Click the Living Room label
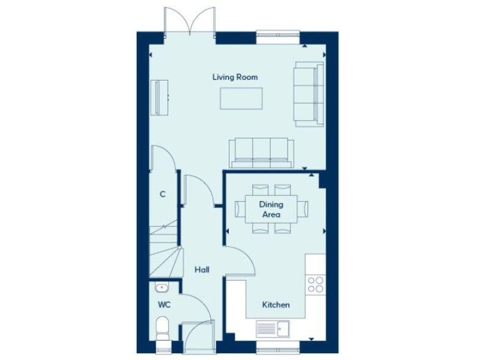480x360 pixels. (x=235, y=77)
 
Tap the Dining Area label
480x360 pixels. (x=271, y=209)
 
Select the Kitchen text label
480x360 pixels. (x=276, y=305)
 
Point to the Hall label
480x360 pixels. (x=202, y=270)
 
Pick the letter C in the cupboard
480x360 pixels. (x=162, y=194)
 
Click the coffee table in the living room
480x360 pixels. (x=241, y=98)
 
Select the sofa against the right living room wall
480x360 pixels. (x=309, y=93)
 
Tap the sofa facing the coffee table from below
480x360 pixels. (x=261, y=152)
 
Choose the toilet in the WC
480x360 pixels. (x=162, y=329)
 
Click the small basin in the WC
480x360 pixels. (x=162, y=288)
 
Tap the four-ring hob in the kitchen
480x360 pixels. (x=316, y=284)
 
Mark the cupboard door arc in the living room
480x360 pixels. (x=161, y=157)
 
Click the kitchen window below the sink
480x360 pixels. (x=277, y=346)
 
